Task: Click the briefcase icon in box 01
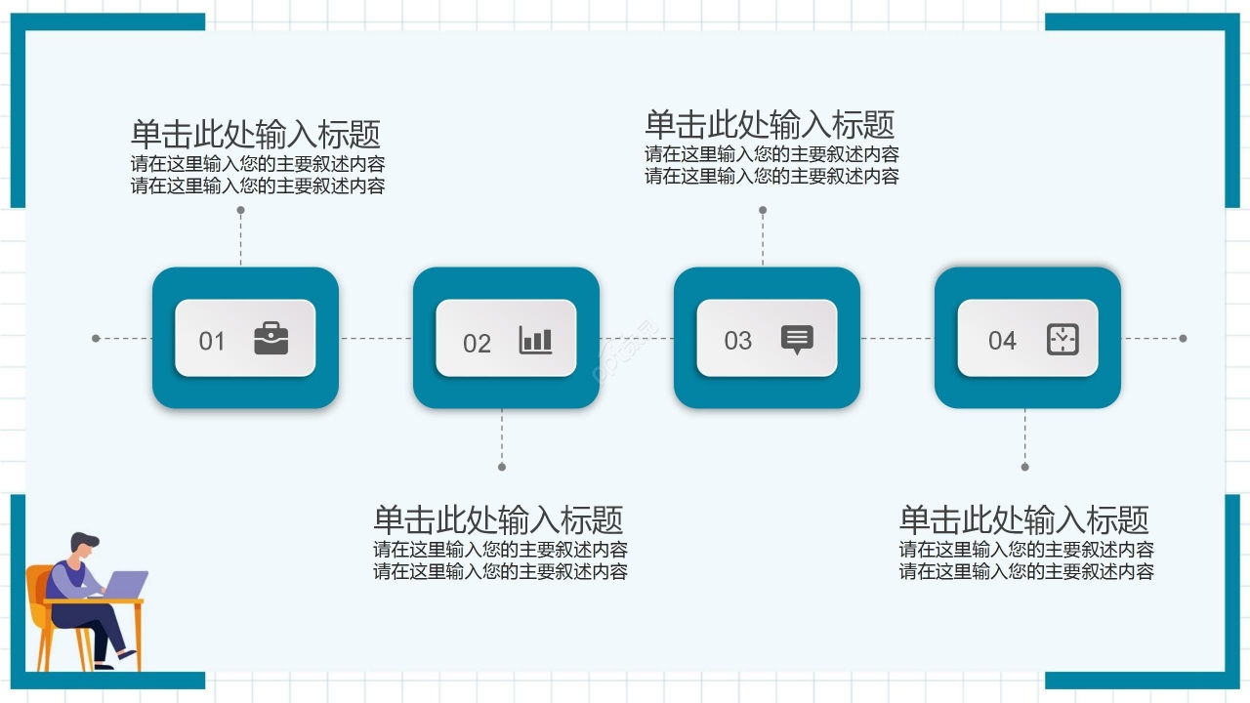(271, 338)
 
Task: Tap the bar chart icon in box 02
(535, 339)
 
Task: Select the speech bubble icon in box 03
(797, 339)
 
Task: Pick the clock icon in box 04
(1062, 338)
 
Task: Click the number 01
(212, 341)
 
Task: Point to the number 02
(477, 344)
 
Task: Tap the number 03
(737, 341)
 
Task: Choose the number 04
(1002, 341)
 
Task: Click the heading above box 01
(256, 134)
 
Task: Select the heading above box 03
(770, 124)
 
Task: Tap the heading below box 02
(498, 518)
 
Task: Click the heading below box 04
(1024, 518)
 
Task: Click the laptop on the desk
(125, 584)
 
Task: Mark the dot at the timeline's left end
(96, 339)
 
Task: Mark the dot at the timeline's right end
(1183, 339)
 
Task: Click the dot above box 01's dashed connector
(240, 210)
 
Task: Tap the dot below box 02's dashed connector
(502, 467)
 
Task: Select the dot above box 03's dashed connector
(763, 210)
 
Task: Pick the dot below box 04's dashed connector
(1024, 467)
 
